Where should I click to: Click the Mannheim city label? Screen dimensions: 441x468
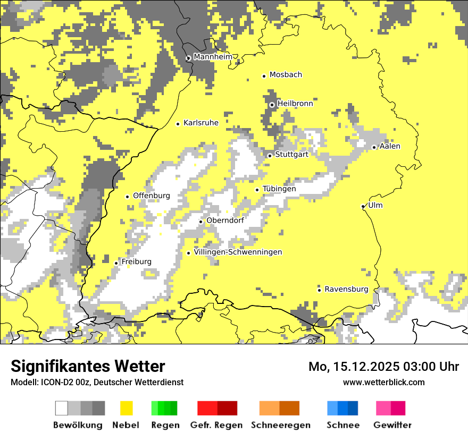coord(213,57)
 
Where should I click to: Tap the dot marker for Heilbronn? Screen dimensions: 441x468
coord(272,105)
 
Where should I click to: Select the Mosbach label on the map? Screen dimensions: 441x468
coord(286,75)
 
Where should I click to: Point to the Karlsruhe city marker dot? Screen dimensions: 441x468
coord(178,124)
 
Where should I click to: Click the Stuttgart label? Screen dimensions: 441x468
coord(291,155)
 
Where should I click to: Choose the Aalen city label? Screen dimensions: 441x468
coord(390,146)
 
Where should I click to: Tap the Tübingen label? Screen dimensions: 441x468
coord(279,189)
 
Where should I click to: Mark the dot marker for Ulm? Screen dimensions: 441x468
coord(363,206)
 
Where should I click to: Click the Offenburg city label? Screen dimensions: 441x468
coord(152,196)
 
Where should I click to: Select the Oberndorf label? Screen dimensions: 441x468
coord(225,220)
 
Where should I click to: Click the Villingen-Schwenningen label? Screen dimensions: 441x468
coord(238,252)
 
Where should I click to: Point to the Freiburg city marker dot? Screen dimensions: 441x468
coord(116,263)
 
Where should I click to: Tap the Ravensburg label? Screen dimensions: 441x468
coord(346,289)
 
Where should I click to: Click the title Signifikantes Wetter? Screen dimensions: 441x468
coord(88,367)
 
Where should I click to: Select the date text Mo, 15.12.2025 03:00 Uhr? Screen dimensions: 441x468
coord(383,367)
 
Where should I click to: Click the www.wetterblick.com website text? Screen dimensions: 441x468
coord(383,382)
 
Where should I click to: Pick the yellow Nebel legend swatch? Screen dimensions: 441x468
coord(126,408)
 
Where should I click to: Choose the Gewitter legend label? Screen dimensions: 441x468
coord(392,425)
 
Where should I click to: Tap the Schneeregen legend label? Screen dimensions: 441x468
coord(280,425)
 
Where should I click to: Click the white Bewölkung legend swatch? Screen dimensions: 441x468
coord(62,408)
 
